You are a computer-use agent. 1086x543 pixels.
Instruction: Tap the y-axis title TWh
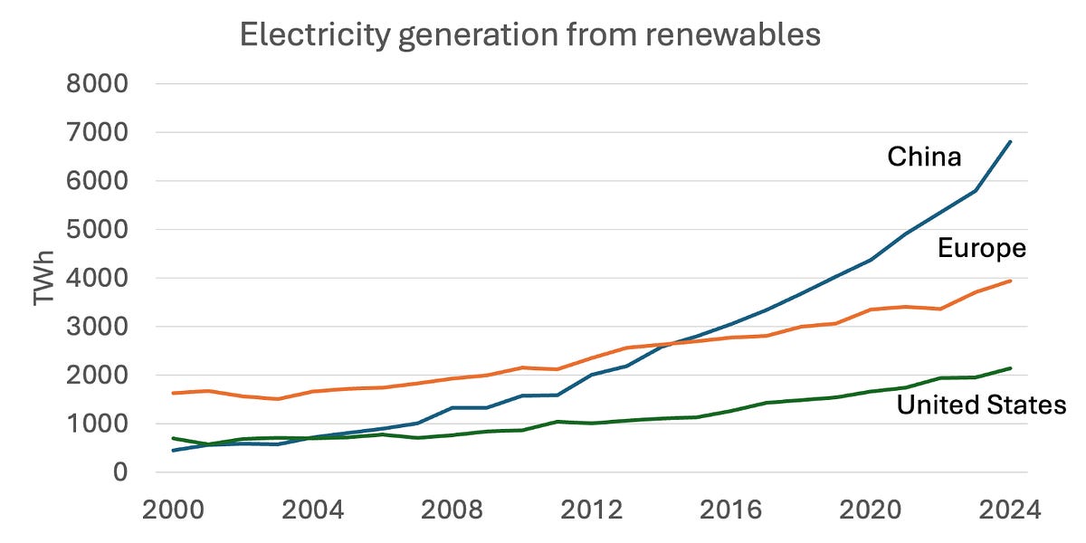(x=43, y=279)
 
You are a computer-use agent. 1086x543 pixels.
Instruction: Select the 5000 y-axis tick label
(x=98, y=230)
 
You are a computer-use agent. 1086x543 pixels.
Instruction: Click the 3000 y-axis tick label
(x=98, y=327)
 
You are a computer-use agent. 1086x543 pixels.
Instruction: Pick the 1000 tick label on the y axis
(x=98, y=424)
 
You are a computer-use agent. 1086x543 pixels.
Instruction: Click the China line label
(x=924, y=157)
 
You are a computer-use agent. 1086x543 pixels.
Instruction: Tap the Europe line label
(x=982, y=248)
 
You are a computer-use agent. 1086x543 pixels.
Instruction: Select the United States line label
(x=981, y=405)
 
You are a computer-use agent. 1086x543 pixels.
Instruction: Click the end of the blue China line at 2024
(x=1011, y=141)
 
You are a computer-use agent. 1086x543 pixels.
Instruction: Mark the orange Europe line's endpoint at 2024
(x=1011, y=281)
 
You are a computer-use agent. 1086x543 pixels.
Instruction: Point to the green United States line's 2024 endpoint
(x=1011, y=368)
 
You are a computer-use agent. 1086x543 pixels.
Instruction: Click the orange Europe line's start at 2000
(x=173, y=393)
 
